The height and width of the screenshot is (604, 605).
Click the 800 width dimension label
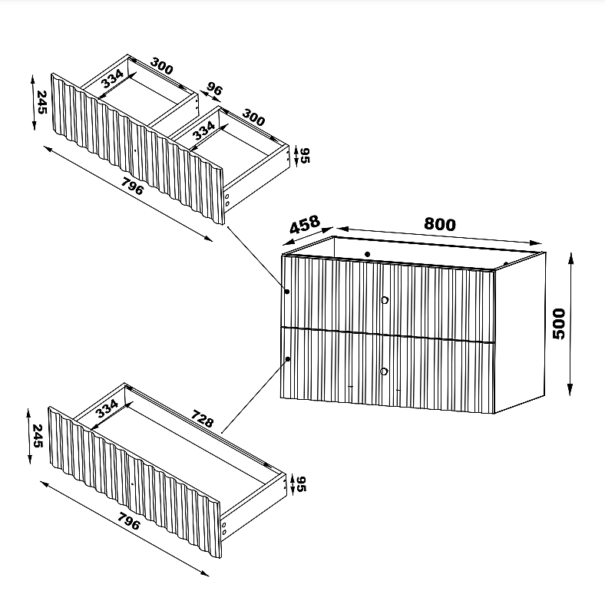[440, 224]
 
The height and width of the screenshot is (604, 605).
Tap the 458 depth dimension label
[305, 224]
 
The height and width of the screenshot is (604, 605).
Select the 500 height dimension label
[559, 324]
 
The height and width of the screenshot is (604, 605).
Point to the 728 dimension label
[202, 419]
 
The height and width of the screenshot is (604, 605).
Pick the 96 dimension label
[214, 89]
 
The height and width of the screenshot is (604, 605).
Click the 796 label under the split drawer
[132, 186]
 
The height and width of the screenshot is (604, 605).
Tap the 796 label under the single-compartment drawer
[129, 521]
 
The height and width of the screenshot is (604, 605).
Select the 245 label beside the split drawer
[41, 102]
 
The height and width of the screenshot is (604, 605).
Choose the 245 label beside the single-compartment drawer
[38, 436]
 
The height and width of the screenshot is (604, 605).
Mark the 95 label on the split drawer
[305, 156]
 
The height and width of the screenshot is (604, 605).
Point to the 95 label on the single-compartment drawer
[301, 484]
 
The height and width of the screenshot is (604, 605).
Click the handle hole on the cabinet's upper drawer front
[385, 300]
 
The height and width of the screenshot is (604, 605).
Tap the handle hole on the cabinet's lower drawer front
[384, 371]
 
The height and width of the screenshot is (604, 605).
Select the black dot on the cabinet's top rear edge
[367, 254]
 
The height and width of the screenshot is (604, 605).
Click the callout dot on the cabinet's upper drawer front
[287, 292]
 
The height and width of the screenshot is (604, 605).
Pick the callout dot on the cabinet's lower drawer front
[288, 359]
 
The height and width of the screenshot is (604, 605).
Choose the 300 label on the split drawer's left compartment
[162, 66]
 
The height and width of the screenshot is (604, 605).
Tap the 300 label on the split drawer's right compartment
[253, 117]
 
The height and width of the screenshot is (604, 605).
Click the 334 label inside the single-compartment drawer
[107, 409]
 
